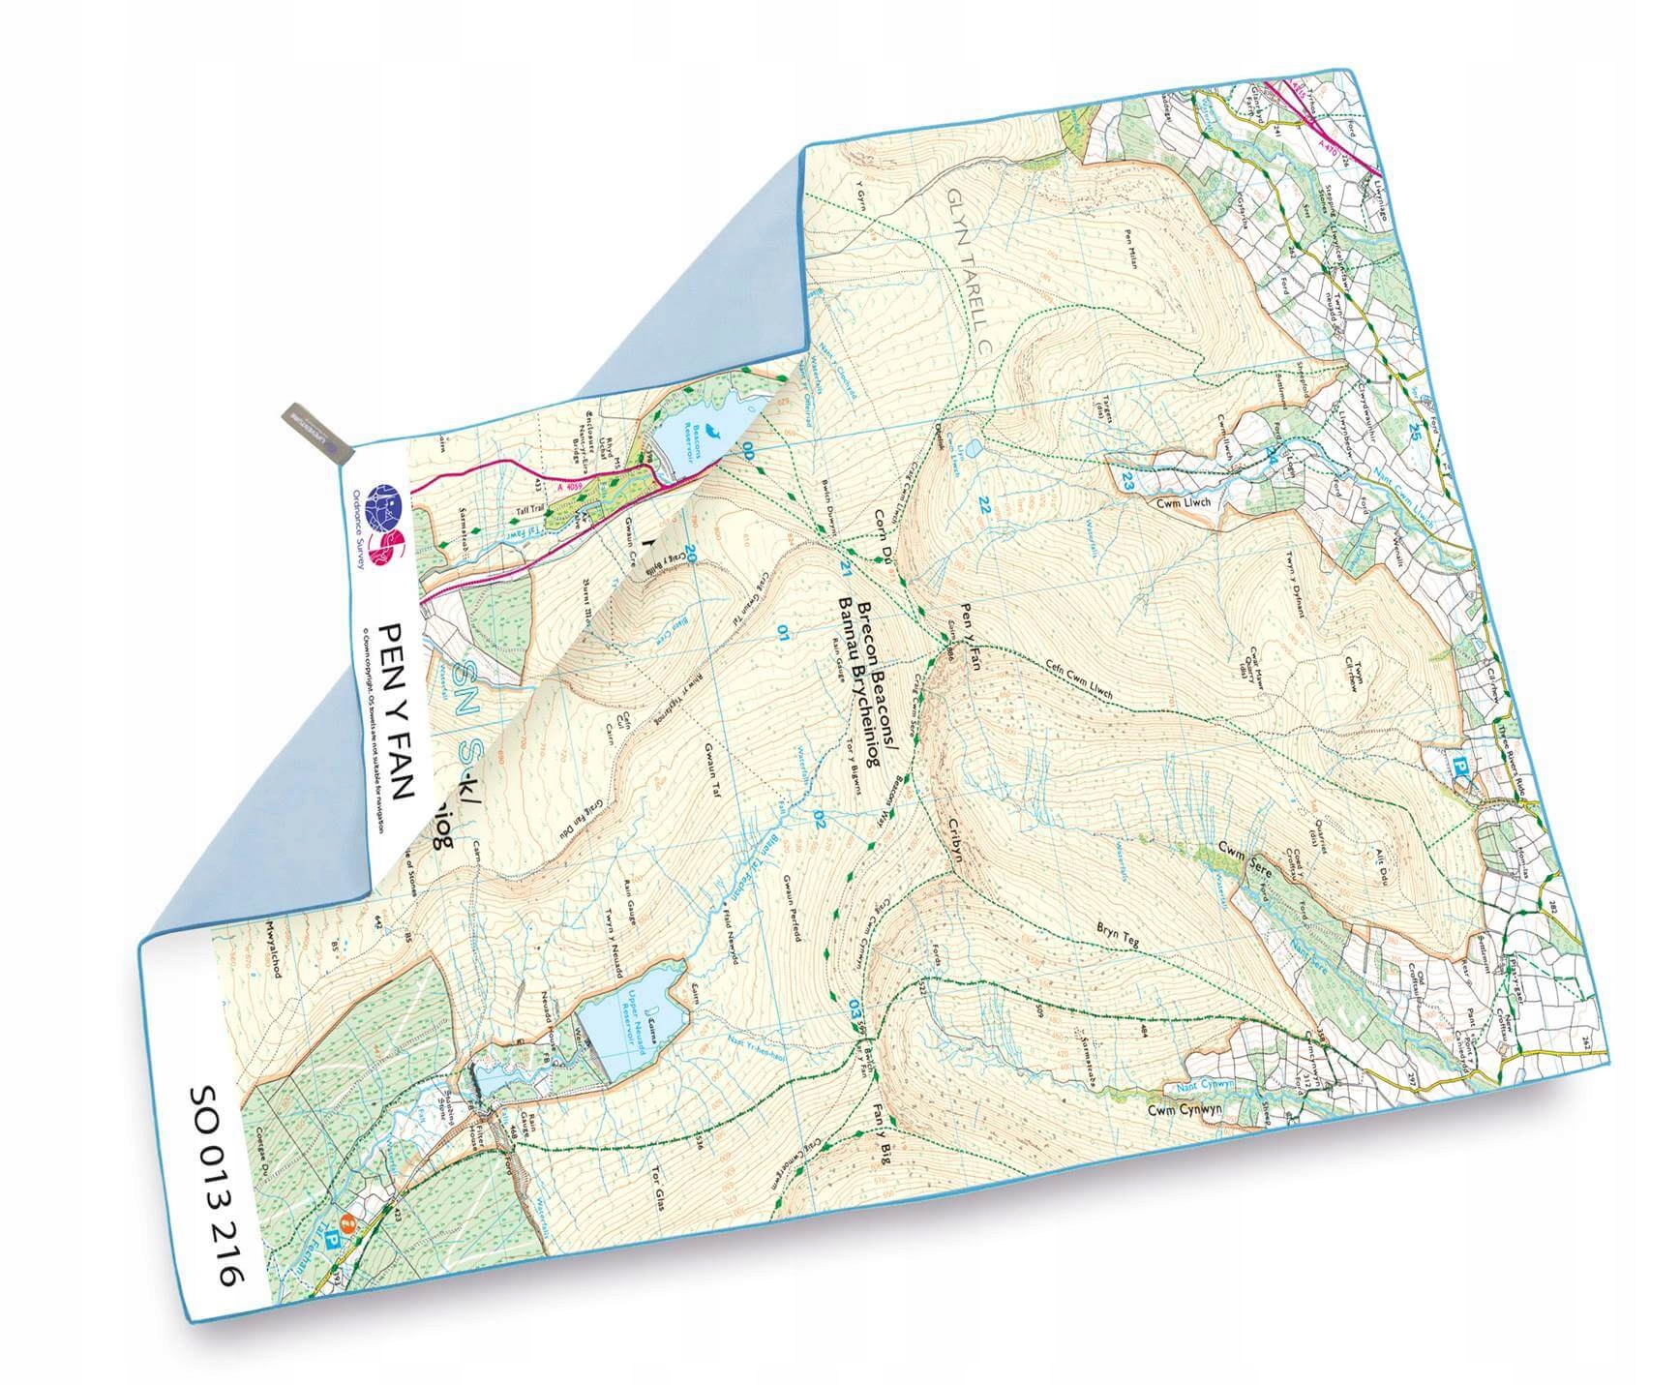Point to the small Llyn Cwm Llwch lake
pyautogui.click(x=972, y=447)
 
